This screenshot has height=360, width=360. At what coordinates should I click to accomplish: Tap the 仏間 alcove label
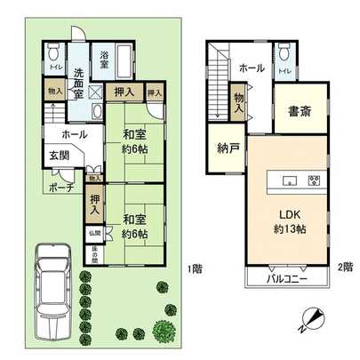pyautogui.click(x=94, y=235)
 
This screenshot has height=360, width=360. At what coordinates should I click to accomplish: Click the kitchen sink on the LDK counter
pyautogui.click(x=289, y=181)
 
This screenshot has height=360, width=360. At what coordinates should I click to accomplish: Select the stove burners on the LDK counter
pyautogui.click(x=313, y=181)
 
